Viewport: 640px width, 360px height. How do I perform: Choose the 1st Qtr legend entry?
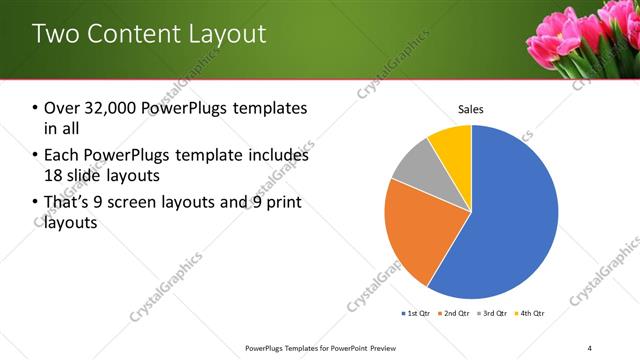(x=417, y=314)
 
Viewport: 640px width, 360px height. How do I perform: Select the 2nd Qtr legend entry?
(x=455, y=314)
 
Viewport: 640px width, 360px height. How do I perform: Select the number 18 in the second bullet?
(x=54, y=175)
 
